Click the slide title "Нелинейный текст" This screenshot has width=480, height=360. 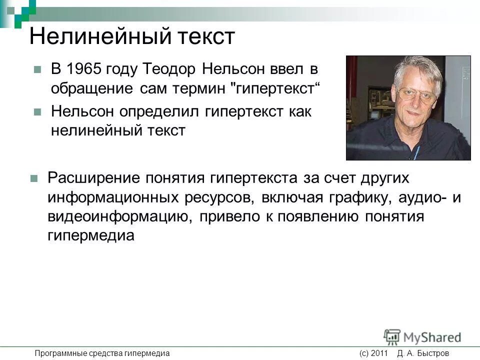point(132,37)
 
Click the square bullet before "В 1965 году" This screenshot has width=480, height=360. point(36,70)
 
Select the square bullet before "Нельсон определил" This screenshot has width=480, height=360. point(36,112)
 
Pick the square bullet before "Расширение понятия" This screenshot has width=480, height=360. point(34,178)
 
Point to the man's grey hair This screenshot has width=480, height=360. point(417,70)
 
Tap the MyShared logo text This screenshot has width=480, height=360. point(432,337)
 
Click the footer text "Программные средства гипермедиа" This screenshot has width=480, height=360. point(102,353)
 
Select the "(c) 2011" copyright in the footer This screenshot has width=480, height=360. point(373,353)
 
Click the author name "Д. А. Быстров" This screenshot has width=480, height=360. point(423,353)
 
